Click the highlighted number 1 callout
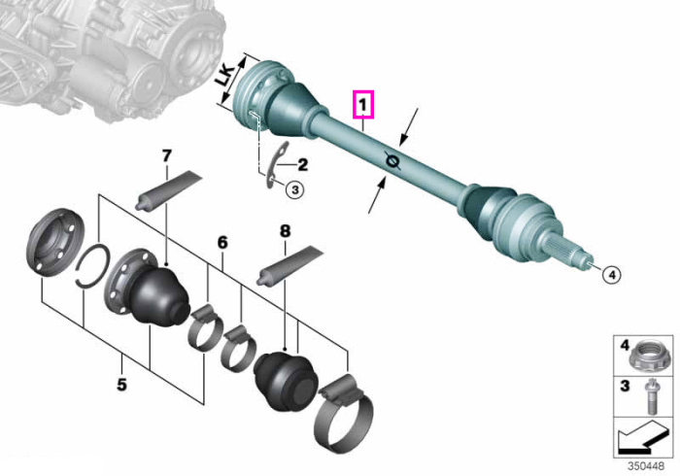click(x=363, y=105)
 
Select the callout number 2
click(x=302, y=165)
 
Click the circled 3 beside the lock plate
click(x=295, y=189)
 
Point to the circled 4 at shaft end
click(x=611, y=274)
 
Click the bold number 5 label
click(x=121, y=385)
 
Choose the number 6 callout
click(x=222, y=243)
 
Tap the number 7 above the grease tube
click(x=167, y=156)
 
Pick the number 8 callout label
click(x=285, y=231)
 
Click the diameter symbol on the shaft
click(x=392, y=161)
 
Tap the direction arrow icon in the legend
click(x=642, y=437)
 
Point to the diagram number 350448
click(x=646, y=466)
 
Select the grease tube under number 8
click(x=290, y=266)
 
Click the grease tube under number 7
click(x=169, y=190)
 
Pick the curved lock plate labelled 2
click(x=274, y=165)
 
